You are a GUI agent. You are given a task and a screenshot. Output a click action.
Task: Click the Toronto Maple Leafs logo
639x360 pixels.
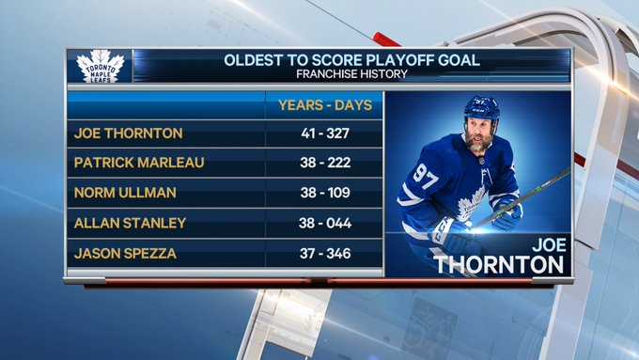(101, 67)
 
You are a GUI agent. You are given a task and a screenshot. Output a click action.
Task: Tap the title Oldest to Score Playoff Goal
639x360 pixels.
(351, 60)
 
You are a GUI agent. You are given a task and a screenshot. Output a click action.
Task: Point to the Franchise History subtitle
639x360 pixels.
(351, 74)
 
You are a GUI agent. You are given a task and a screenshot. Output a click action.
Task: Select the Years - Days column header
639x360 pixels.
(325, 105)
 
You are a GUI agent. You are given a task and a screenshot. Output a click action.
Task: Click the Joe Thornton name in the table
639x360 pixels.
(129, 133)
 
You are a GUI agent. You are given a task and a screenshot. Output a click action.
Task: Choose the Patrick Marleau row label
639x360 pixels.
(139, 163)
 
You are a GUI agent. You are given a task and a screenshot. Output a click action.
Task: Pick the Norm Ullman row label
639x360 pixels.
(125, 193)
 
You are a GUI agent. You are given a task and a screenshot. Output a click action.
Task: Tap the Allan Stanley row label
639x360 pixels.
(130, 223)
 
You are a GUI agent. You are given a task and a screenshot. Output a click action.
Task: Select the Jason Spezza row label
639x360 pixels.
(125, 254)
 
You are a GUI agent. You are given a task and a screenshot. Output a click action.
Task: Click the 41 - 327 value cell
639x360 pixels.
(325, 133)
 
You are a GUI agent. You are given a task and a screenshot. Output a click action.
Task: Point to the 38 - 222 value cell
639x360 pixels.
(325, 163)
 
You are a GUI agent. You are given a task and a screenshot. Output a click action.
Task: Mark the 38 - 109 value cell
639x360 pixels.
(325, 193)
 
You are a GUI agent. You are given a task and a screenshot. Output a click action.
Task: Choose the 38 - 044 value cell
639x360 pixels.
(325, 223)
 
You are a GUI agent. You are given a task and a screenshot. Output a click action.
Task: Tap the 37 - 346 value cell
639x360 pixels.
(325, 254)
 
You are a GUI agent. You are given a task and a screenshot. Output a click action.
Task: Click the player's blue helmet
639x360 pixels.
(482, 109)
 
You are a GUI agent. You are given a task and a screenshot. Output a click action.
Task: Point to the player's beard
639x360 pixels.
(478, 143)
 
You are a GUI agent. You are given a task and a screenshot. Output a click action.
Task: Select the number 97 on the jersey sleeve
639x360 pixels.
(426, 176)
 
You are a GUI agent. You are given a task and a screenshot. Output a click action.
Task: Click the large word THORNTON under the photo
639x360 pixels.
(499, 265)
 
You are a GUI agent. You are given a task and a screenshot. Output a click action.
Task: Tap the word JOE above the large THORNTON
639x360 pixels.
(549, 245)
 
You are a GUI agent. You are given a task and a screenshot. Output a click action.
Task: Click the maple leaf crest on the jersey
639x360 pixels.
(472, 204)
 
